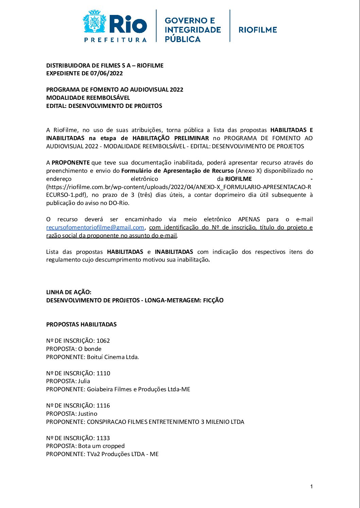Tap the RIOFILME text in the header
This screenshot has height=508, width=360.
coord(258,30)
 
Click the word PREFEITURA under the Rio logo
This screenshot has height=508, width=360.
coord(115,40)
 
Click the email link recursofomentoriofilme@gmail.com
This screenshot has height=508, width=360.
coord(95,227)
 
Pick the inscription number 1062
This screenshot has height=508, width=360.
coord(103,341)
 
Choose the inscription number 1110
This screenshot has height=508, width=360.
coord(103,373)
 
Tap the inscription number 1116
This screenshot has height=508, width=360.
coord(103,406)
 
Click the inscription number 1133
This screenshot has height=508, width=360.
coord(103,438)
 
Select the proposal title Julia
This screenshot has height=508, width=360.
coord(84,381)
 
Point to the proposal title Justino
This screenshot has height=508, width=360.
coord(88,414)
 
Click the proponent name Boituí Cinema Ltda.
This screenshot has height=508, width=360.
coord(113,357)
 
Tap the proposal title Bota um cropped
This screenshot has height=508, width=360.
coord(101,446)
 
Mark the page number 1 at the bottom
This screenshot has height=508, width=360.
coord(311,487)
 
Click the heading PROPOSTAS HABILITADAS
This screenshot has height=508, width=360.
coord(82,324)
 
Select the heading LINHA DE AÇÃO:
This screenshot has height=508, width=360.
coord(69,292)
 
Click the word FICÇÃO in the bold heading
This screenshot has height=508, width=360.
coord(213,300)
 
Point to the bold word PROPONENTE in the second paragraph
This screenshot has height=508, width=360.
coord(71,163)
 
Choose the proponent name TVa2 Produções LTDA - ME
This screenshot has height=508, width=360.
coord(123,454)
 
